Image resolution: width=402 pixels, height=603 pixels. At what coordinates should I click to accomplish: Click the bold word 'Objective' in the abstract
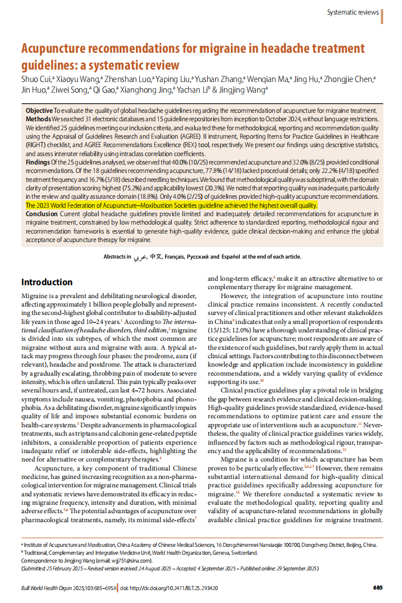point(39,111)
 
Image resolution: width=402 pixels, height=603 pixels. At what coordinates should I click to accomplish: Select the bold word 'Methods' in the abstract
point(39,120)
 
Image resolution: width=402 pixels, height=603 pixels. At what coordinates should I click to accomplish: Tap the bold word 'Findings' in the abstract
point(38,162)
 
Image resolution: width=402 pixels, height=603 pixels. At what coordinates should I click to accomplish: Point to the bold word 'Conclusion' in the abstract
point(42,214)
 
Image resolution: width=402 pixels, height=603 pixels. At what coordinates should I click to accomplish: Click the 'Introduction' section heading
point(47,282)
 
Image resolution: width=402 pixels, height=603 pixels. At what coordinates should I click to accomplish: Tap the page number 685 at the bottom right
point(377,588)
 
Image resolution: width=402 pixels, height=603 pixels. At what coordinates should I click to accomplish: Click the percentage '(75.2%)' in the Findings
point(135,188)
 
